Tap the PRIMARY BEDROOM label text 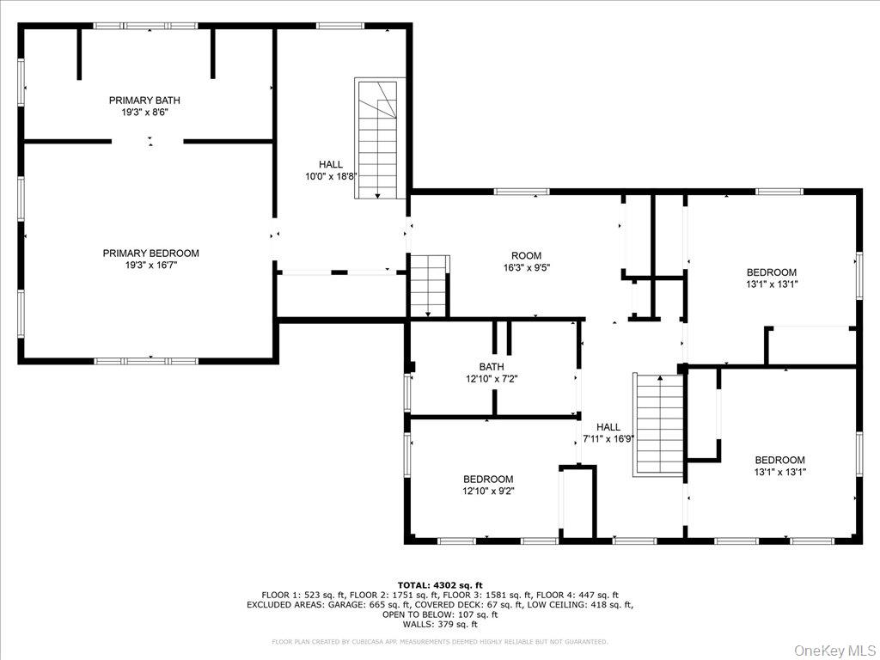click(x=150, y=253)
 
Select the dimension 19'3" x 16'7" click(x=150, y=266)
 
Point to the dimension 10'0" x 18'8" click(x=331, y=176)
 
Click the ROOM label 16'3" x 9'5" click(x=526, y=255)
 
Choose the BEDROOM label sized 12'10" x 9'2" click(x=488, y=480)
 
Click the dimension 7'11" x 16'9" click(x=608, y=438)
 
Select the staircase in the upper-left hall click(x=377, y=139)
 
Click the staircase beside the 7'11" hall click(x=658, y=424)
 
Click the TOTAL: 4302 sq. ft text click(x=439, y=584)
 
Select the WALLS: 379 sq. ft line click(x=439, y=625)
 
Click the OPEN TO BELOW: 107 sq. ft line click(x=439, y=614)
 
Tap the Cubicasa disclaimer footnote click(x=439, y=641)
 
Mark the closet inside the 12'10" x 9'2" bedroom click(x=577, y=503)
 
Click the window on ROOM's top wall click(x=522, y=192)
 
